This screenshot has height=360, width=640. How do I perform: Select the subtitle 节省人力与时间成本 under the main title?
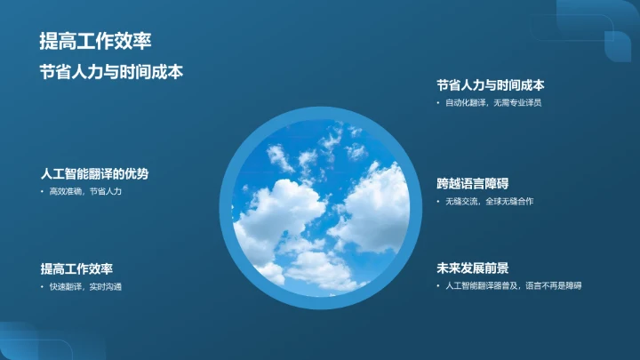tap(111, 72)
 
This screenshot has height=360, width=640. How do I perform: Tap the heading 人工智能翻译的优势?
tap(94, 173)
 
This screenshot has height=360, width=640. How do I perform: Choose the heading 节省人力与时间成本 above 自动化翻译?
tap(490, 85)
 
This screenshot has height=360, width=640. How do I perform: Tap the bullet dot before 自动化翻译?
tap(438, 103)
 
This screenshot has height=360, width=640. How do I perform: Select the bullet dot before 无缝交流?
tap(438, 202)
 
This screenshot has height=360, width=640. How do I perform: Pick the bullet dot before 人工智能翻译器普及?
tap(438, 285)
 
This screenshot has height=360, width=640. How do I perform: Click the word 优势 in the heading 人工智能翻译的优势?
tap(136, 173)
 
